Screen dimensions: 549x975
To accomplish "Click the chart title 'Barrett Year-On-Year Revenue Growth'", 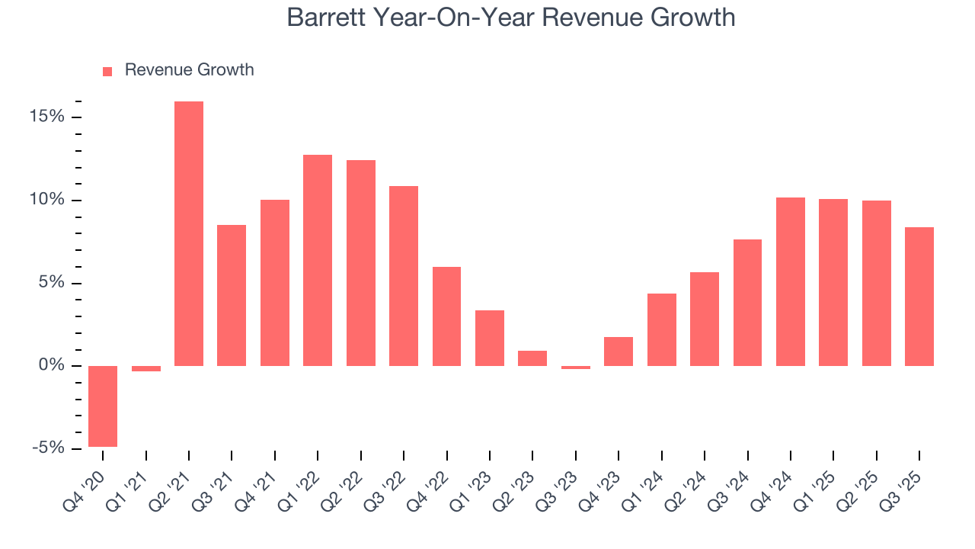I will (511, 18).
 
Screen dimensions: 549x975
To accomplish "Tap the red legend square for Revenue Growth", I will (107, 71).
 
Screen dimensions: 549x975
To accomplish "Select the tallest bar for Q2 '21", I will (189, 233).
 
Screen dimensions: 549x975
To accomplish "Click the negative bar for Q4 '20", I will (103, 406).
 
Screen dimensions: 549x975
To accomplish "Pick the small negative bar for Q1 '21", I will (145, 368).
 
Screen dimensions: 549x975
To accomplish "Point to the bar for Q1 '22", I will (318, 260).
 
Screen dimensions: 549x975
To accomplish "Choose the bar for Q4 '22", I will (446, 316).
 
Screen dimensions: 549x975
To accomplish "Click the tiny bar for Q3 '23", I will (575, 368).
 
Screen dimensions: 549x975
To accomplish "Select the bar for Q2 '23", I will (532, 358).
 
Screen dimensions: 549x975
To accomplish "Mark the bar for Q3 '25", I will (919, 296).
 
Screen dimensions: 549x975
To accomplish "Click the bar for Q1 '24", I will (661, 329).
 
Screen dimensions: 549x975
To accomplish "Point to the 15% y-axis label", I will (47, 117).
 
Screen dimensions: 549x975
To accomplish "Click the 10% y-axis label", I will (47, 200).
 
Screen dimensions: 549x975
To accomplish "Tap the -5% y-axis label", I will (47, 448).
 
